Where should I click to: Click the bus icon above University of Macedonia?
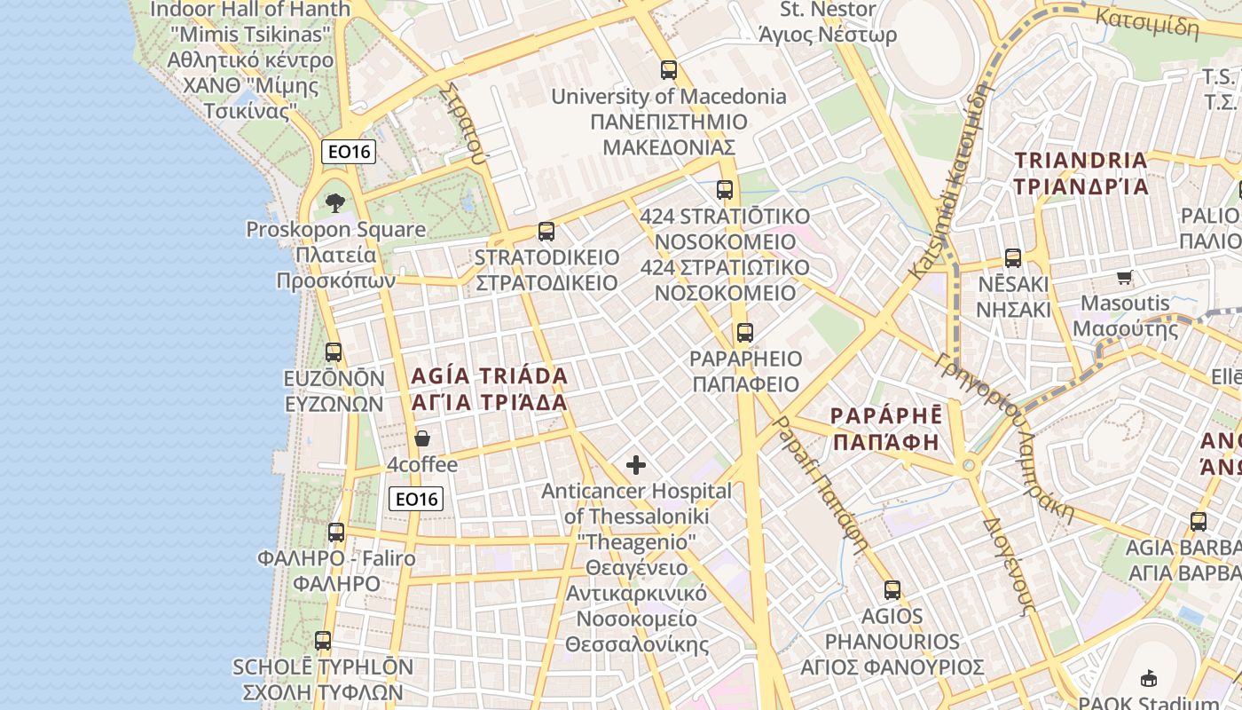[669, 70]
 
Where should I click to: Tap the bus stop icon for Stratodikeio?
[546, 232]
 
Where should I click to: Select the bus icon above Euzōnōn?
[334, 352]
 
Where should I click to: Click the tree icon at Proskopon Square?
[334, 203]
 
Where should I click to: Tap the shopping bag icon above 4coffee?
[422, 438]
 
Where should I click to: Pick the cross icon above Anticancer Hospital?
[636, 464]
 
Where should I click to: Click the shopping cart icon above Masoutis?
[1125, 277]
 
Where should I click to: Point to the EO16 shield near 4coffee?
[415, 499]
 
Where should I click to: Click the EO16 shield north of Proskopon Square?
[349, 151]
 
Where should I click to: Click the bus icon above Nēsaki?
[1013, 258]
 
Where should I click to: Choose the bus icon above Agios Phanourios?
[892, 589]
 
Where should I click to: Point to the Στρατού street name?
[467, 125]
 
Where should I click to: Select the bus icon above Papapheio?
[745, 333]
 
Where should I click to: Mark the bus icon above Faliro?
[336, 532]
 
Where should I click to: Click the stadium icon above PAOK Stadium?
[1150, 678]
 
